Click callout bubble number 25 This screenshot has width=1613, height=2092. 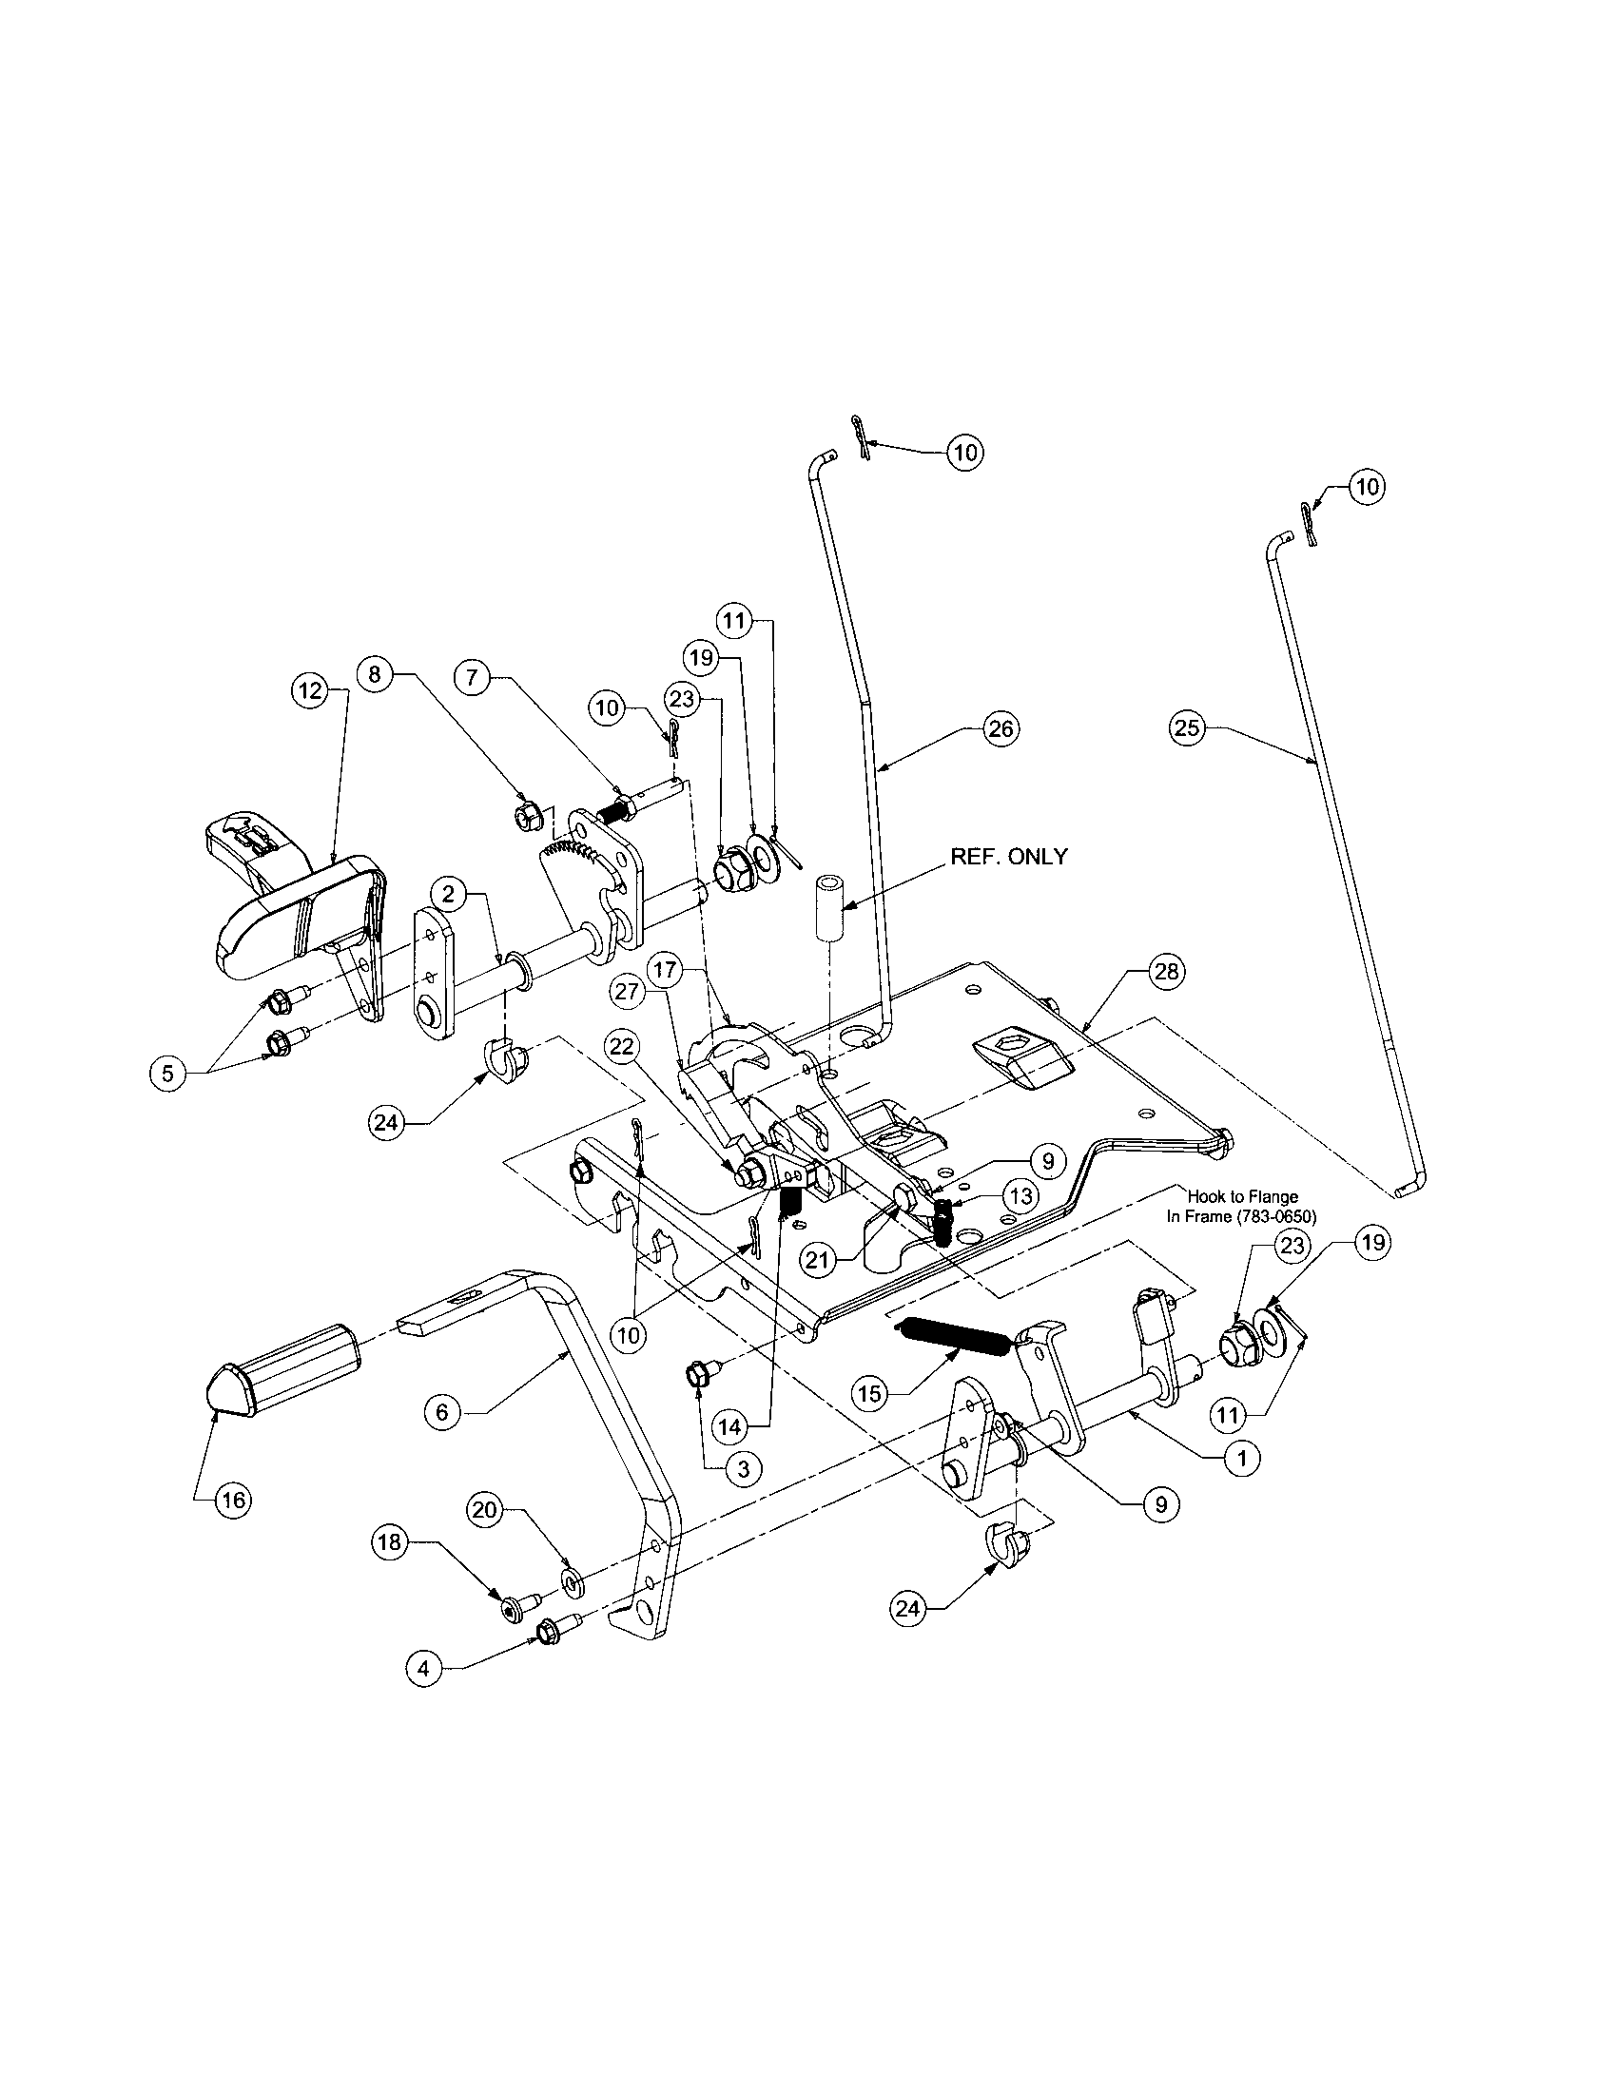1186,728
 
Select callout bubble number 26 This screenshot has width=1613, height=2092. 1000,729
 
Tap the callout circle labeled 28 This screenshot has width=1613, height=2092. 1166,972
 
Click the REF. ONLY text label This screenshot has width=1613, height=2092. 1007,857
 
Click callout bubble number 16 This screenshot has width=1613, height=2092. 234,1500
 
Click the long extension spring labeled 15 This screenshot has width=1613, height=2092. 955,1337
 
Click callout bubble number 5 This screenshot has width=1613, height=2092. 167,1073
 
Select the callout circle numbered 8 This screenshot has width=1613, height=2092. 375,674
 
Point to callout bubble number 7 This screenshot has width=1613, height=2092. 474,677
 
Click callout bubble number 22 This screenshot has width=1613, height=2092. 623,1048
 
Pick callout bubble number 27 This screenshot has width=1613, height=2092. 627,993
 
